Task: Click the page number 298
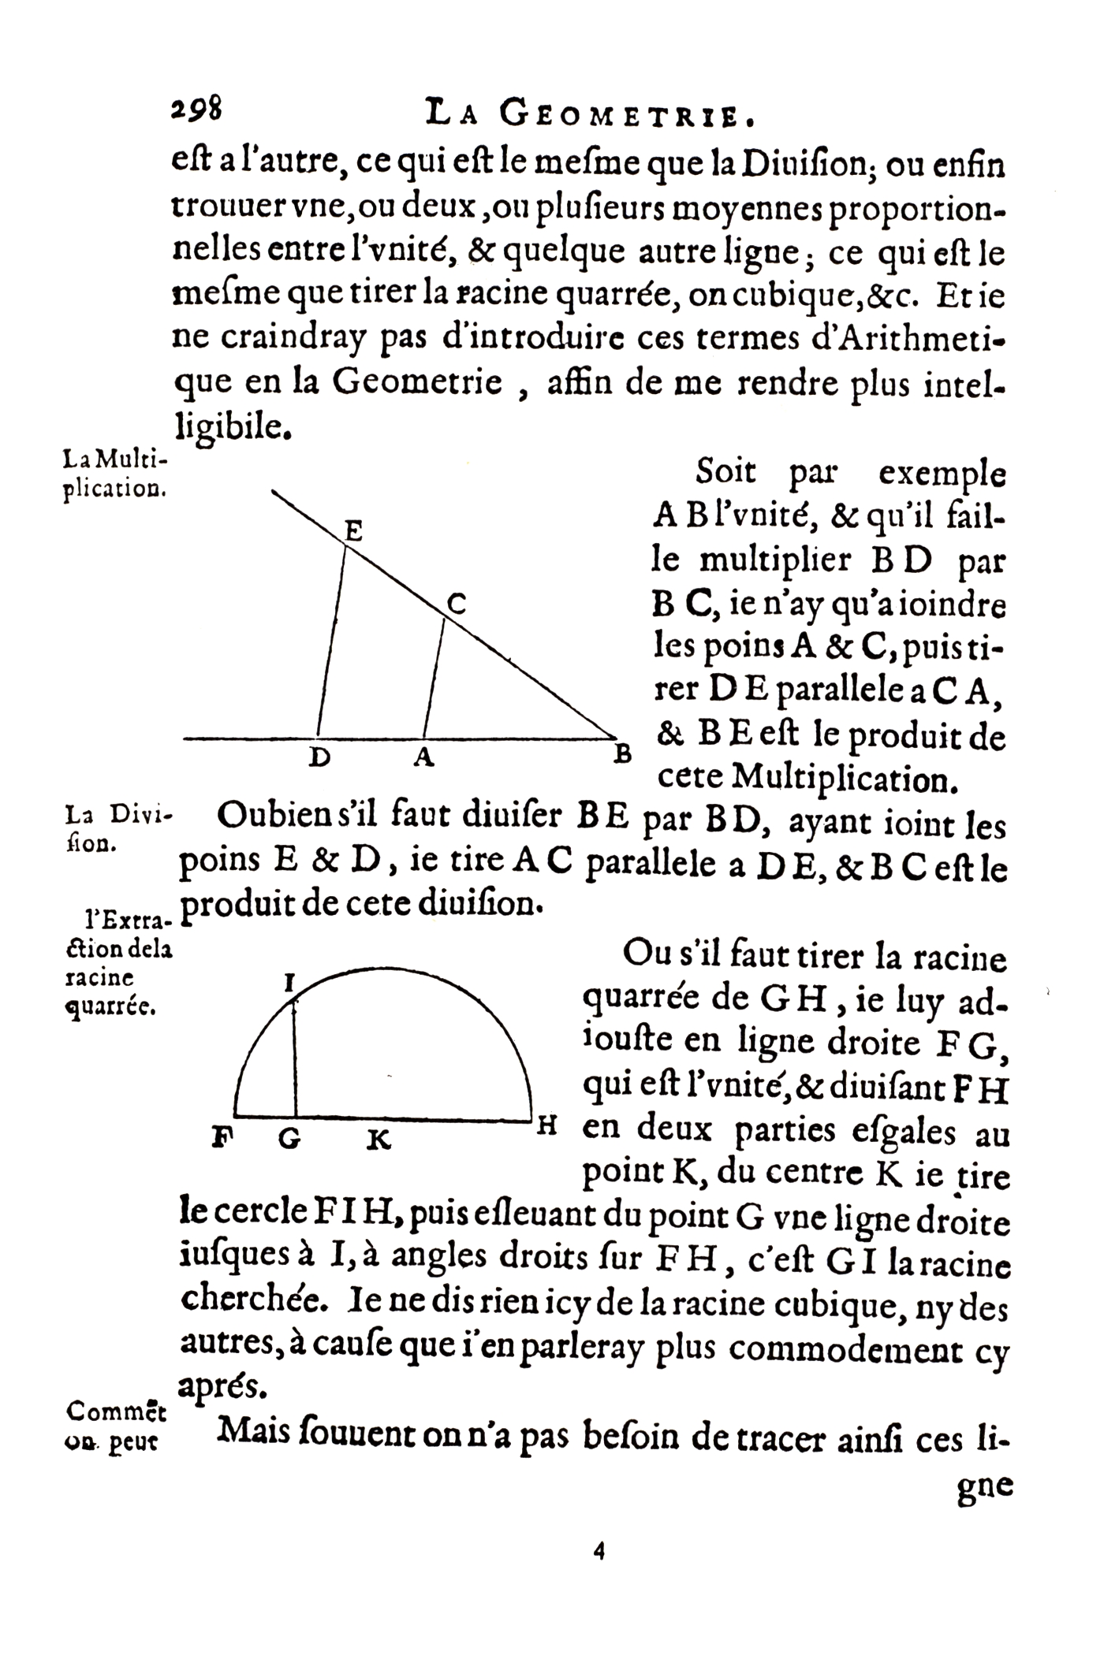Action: click(197, 109)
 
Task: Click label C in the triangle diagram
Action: click(457, 604)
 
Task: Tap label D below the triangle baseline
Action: click(319, 758)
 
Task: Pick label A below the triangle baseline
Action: click(424, 757)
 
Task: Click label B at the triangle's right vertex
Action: click(623, 754)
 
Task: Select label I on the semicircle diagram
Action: click(289, 983)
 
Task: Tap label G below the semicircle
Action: click(289, 1139)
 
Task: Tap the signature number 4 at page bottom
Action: click(599, 1552)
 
